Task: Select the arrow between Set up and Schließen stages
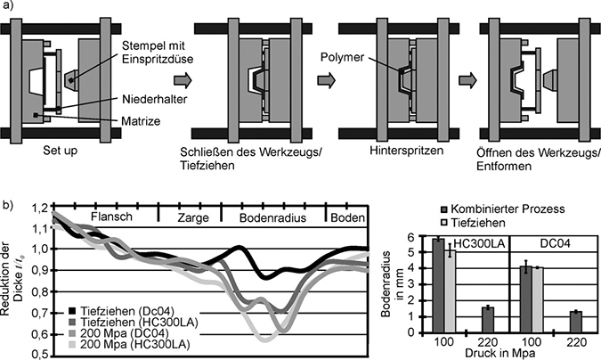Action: click(156, 81)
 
